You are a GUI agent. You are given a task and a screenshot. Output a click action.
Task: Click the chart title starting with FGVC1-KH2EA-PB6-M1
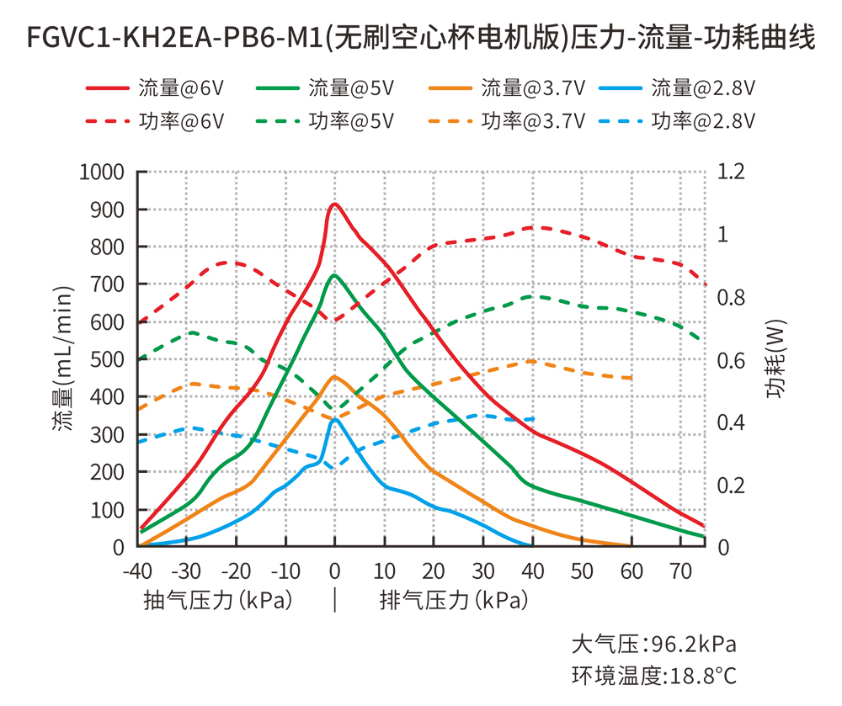(421, 37)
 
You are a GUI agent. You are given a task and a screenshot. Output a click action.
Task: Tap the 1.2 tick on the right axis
(731, 173)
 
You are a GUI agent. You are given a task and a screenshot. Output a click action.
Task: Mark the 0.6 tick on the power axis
(731, 360)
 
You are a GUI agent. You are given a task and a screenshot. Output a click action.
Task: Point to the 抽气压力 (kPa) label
(218, 601)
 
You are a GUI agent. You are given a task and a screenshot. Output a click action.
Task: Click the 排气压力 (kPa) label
(454, 601)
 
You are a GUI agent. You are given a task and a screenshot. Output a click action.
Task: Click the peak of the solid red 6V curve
(334, 204)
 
